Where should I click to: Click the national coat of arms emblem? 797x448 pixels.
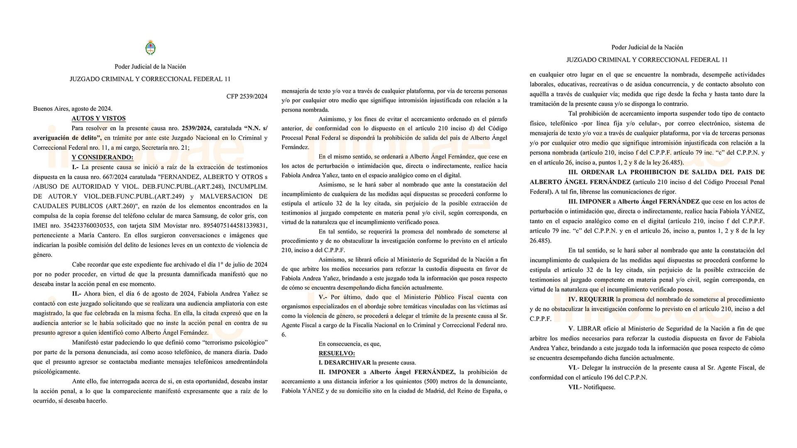point(150,48)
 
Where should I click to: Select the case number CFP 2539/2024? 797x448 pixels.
point(247,97)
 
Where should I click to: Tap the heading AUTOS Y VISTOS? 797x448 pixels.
point(98,118)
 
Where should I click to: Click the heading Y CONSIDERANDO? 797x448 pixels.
point(103,157)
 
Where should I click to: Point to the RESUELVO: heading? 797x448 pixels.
point(337,353)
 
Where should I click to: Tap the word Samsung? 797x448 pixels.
point(190,216)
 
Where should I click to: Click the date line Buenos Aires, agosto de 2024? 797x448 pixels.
point(73,109)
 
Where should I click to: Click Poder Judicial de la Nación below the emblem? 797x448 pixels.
point(150,66)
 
